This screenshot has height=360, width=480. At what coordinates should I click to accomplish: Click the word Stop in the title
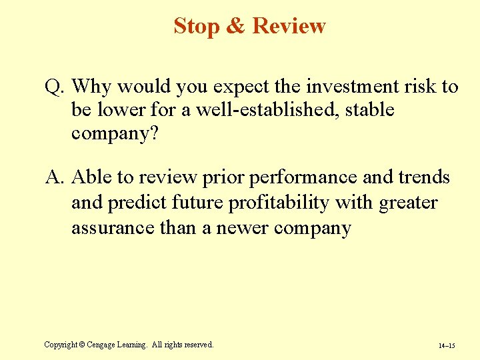[197, 26]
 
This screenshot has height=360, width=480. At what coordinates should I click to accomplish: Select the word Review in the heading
[289, 26]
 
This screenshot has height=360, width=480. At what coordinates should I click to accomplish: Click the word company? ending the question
[115, 133]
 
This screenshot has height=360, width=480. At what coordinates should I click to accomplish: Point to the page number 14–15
[447, 346]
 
